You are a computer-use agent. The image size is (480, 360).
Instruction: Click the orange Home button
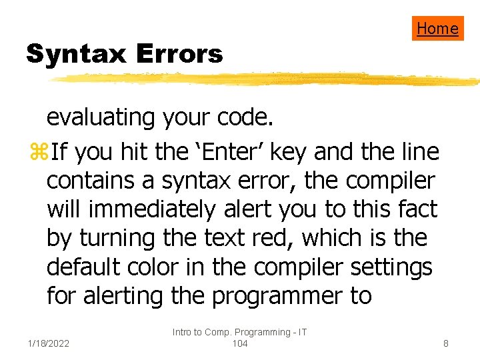[437, 28]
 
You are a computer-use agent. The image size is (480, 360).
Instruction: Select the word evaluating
[100, 117]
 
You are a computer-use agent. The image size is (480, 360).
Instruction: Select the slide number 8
[446, 344]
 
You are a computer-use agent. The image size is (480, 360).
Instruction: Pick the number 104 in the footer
[239, 343]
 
